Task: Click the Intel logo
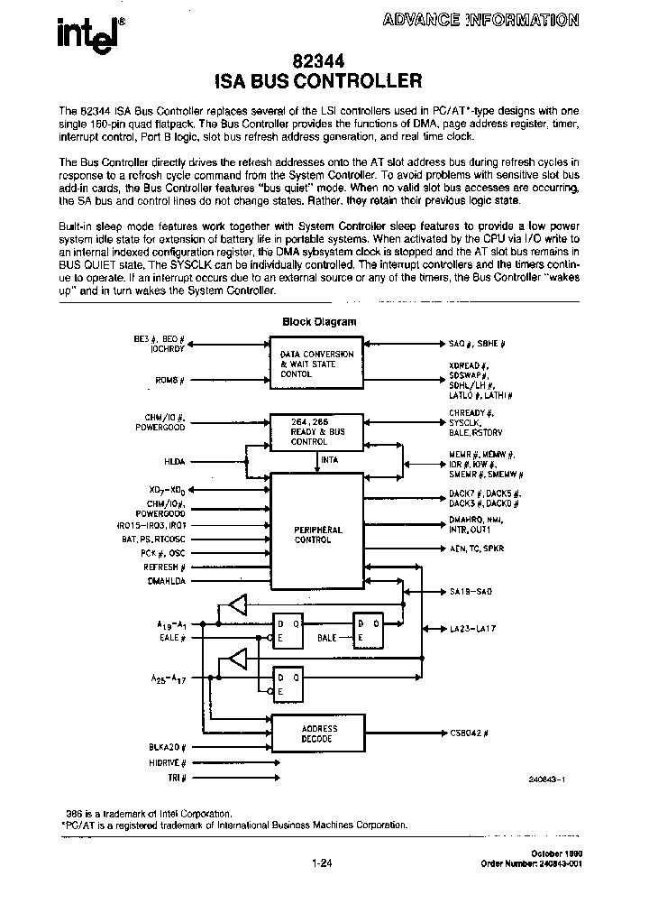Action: pyautogui.click(x=85, y=33)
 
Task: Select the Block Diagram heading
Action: pyautogui.click(x=319, y=321)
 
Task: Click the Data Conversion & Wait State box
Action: pyautogui.click(x=316, y=364)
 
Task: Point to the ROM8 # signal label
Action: pyautogui.click(x=170, y=382)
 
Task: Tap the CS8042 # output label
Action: pyautogui.click(x=469, y=733)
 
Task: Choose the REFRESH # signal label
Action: pyautogui.click(x=165, y=567)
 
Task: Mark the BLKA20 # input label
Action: pyautogui.click(x=167, y=747)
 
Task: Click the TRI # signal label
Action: pyautogui.click(x=177, y=777)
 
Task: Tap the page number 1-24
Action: pyautogui.click(x=322, y=862)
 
